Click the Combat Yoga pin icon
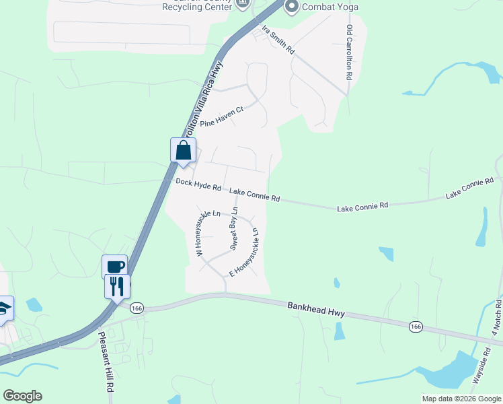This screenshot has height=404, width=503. coord(291,7)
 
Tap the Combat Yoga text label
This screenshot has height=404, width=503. coord(330,7)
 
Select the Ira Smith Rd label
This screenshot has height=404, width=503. coord(278,40)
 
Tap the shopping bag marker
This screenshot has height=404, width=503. coord(184,150)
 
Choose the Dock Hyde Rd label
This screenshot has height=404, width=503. coord(198,184)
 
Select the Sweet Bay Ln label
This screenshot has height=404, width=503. coord(233,229)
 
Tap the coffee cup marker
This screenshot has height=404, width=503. coord(115,265)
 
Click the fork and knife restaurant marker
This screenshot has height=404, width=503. coord(117,286)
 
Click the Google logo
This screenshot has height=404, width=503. coord(22,396)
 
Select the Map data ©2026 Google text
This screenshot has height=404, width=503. coord(461,399)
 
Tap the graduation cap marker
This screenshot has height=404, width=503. coord(4,308)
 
